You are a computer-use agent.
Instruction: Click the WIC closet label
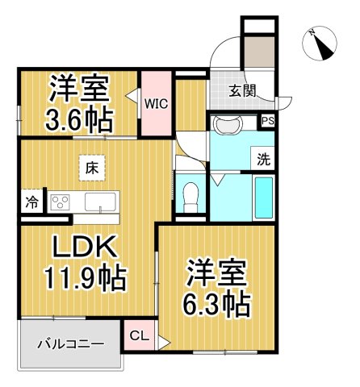point(156,102)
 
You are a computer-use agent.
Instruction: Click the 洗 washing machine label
point(263,159)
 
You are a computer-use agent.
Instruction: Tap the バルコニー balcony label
point(70,345)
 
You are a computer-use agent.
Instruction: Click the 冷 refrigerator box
point(30,202)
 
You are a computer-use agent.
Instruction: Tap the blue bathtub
point(264,198)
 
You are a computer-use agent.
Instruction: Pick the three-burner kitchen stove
point(61,202)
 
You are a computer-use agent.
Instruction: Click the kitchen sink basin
point(101,202)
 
